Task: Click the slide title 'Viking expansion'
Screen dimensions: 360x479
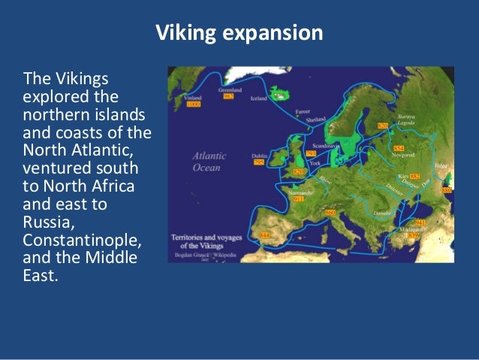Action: [x=239, y=34]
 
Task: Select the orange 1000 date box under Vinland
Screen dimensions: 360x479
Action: [x=194, y=105]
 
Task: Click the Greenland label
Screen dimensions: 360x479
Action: [x=229, y=89]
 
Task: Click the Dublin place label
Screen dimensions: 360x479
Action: [x=259, y=156]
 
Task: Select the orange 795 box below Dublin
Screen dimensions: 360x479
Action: [x=259, y=162]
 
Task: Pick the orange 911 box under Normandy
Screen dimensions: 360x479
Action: [x=299, y=199]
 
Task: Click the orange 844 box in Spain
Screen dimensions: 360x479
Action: [x=264, y=235]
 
